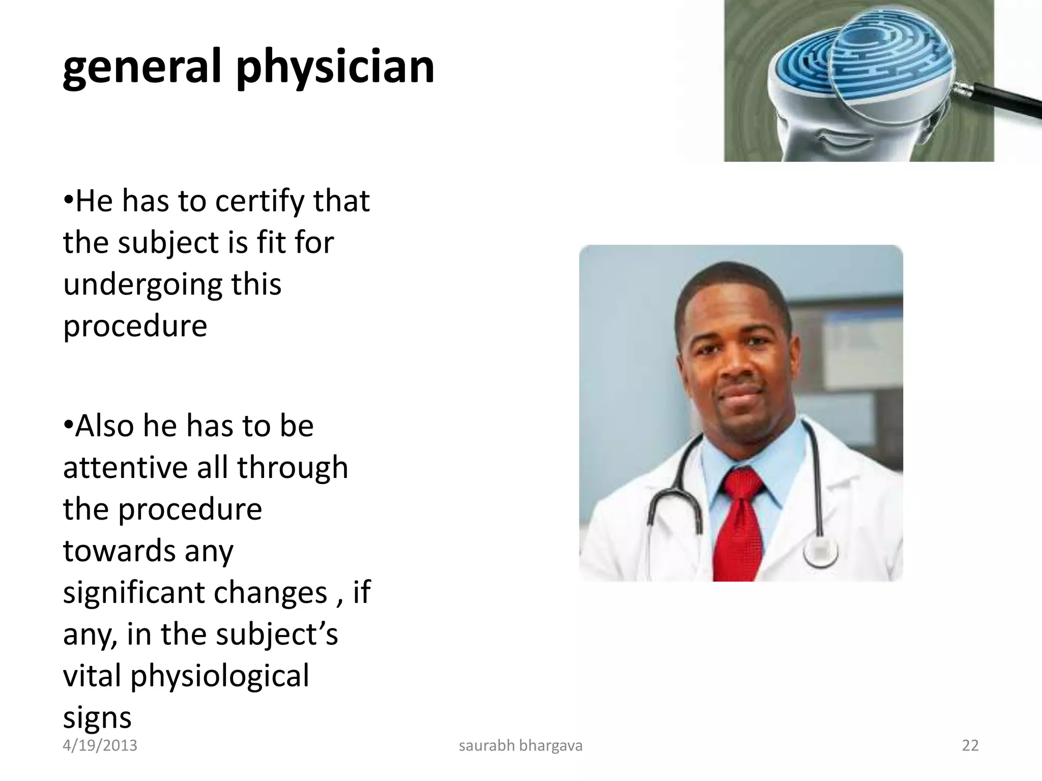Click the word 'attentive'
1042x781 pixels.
coord(125,468)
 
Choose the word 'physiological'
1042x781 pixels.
coord(219,676)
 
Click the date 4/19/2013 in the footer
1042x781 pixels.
coord(100,745)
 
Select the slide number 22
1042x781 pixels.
coord(970,745)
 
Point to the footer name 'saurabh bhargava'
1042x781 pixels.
coord(520,745)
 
